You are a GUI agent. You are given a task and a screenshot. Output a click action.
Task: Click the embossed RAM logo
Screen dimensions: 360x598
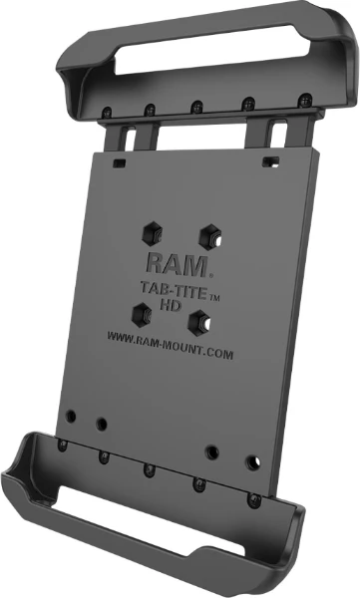177,265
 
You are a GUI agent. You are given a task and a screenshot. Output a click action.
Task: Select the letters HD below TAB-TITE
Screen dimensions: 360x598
170,305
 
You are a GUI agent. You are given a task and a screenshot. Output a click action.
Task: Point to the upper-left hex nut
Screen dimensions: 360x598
153,233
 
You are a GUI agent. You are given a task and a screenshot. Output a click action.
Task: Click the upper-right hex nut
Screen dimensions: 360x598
210,237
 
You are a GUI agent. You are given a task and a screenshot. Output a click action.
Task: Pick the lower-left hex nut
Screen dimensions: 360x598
142,314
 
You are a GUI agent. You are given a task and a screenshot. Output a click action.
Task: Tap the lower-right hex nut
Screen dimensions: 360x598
199,323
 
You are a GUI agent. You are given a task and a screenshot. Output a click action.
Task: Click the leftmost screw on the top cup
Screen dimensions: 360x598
108,112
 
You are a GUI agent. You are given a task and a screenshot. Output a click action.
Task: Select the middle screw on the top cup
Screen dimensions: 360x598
197,107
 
